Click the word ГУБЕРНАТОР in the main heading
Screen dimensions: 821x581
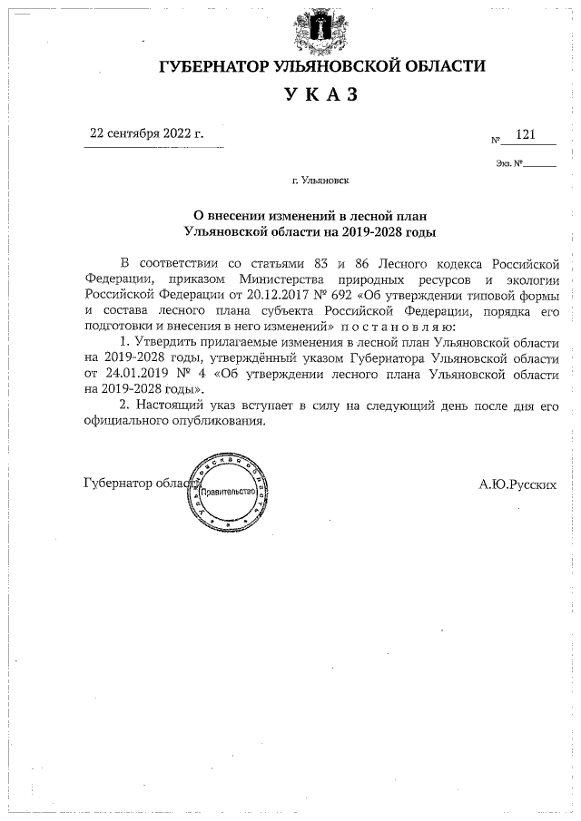point(208,66)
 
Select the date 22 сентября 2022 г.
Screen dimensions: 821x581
point(145,132)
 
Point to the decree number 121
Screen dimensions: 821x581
point(525,134)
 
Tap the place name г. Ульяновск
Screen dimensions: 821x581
point(321,181)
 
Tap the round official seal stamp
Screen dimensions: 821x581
point(231,491)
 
